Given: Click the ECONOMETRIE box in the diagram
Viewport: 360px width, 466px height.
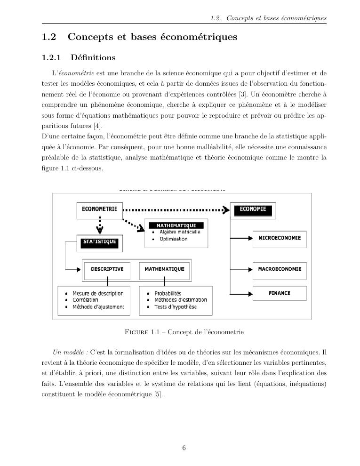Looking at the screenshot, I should tap(99, 209).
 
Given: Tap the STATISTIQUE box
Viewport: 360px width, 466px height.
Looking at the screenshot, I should tap(99, 242).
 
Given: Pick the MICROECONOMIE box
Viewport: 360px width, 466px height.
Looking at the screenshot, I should tap(280, 238).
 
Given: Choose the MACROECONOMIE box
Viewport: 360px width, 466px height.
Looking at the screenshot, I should tap(280, 270).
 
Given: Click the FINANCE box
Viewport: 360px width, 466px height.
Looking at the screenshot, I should tap(280, 293).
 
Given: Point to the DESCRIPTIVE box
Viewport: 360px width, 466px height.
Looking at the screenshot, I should tap(107, 270).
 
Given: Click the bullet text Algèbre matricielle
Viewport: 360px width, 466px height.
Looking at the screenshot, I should tap(180, 232).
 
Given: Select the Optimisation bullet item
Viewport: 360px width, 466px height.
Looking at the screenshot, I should tap(173, 239).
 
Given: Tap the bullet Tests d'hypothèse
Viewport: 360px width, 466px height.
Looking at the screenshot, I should tap(176, 307).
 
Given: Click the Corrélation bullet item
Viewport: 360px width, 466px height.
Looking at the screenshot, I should tap(85, 300).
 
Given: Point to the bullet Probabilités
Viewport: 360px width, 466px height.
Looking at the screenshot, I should tap(168, 293).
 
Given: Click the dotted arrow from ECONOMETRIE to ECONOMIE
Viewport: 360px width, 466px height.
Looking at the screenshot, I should tap(176, 209).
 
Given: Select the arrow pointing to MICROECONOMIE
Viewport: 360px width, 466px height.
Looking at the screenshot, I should tap(242, 239).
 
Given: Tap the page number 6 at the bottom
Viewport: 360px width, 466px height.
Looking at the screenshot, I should tap(184, 448).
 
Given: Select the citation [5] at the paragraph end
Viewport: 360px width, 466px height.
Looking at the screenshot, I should tap(159, 394).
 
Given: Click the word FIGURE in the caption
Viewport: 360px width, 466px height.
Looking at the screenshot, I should tap(136, 332).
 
